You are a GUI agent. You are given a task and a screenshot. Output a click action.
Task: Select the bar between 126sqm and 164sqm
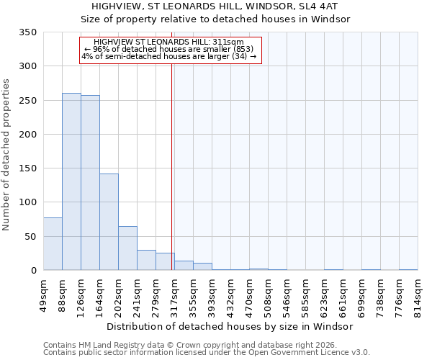(90, 183)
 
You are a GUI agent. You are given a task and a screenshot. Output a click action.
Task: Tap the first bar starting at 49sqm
(53, 244)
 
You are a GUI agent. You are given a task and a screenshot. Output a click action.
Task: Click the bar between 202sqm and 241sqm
(127, 248)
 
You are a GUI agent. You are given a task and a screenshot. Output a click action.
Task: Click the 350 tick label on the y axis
(27, 32)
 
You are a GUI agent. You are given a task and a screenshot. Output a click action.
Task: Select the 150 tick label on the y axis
(27, 168)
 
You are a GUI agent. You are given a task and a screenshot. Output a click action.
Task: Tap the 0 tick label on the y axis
(33, 271)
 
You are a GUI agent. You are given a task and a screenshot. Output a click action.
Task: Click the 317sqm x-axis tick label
(175, 293)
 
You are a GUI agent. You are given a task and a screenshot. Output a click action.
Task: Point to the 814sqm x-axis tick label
(418, 293)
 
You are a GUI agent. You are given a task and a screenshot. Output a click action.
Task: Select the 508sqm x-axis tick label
(269, 293)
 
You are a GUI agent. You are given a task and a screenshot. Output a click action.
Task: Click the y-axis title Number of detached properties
(7, 155)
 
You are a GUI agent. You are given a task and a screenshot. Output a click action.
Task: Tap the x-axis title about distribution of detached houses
(230, 326)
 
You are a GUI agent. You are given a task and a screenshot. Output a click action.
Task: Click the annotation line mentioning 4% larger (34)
(169, 56)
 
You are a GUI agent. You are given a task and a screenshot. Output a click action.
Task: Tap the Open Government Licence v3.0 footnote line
(206, 353)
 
